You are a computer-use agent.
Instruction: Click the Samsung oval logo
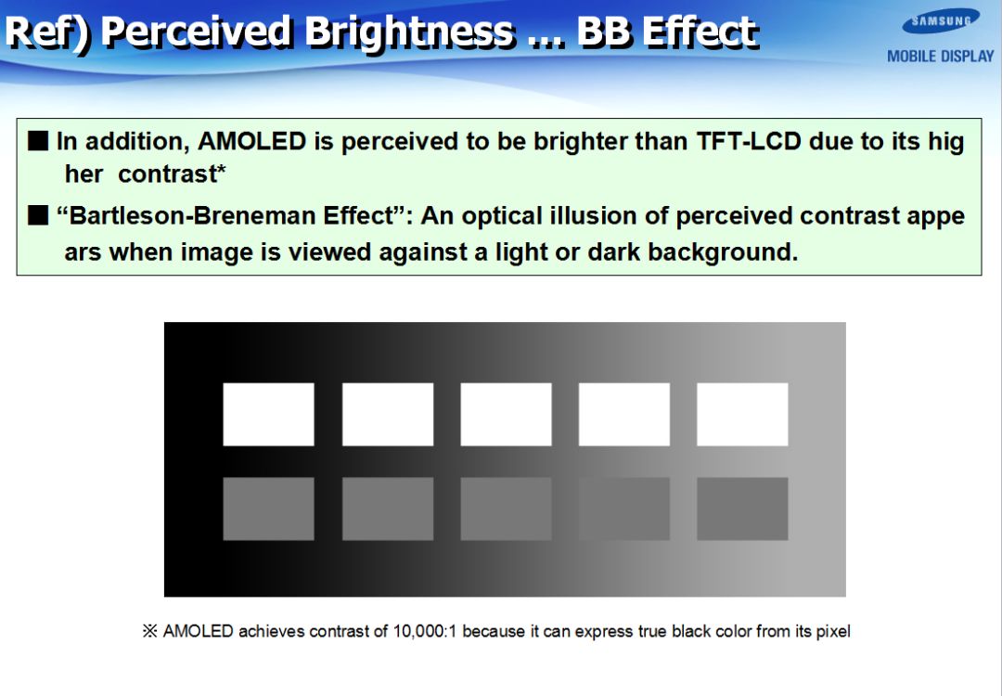(x=941, y=21)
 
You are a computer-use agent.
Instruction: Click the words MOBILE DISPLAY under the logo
(x=941, y=57)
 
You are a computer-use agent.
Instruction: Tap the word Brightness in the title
(x=409, y=32)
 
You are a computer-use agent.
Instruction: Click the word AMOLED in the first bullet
(x=251, y=141)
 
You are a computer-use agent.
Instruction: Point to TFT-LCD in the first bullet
(x=748, y=141)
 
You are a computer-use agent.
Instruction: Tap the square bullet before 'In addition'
(x=38, y=141)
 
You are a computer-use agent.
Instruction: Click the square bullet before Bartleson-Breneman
(x=38, y=215)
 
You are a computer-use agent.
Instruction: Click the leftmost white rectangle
(x=268, y=414)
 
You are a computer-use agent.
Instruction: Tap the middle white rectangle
(x=507, y=414)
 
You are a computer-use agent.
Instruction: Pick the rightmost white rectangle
(x=742, y=414)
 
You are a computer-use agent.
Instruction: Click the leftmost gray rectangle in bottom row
(x=268, y=509)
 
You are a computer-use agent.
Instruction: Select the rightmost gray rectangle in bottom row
(x=742, y=509)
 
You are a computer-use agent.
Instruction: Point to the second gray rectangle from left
(x=388, y=509)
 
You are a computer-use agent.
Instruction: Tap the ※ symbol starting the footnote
(x=149, y=631)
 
